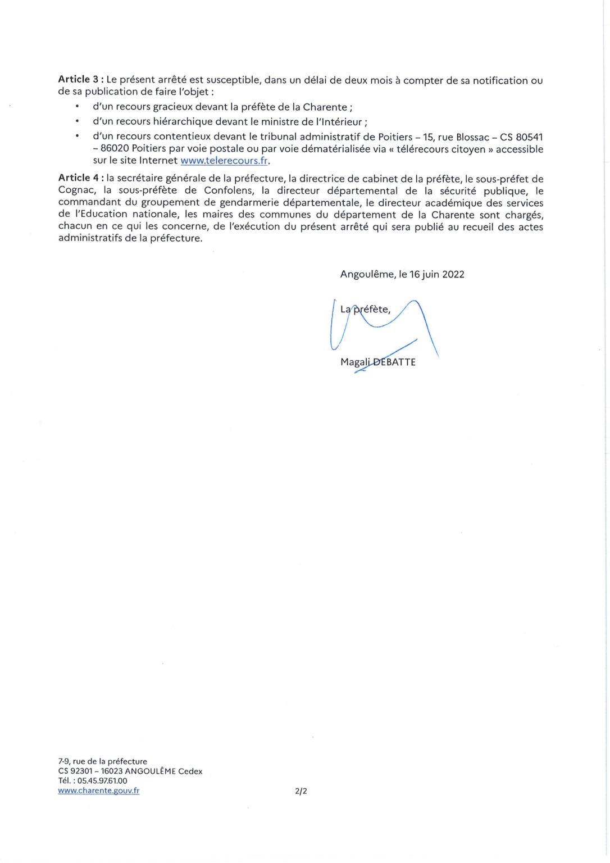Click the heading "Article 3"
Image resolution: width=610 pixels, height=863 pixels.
coord(79,79)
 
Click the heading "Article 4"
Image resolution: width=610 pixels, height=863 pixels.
coord(79,178)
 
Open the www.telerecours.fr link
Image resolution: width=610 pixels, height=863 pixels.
coord(224,161)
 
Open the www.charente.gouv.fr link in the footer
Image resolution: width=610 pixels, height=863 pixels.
coord(98,791)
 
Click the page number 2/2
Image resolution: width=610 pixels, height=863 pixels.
coord(301,791)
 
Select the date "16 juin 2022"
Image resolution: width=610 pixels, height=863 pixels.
coord(437,274)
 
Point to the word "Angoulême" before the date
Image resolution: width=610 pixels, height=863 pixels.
coord(367,274)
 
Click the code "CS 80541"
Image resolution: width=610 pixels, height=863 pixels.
coord(521,137)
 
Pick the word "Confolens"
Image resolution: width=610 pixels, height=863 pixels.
coord(229,190)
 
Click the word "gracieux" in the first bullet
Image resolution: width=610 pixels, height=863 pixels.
coord(172,107)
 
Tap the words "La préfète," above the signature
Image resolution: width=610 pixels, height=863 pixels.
coord(365,309)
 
